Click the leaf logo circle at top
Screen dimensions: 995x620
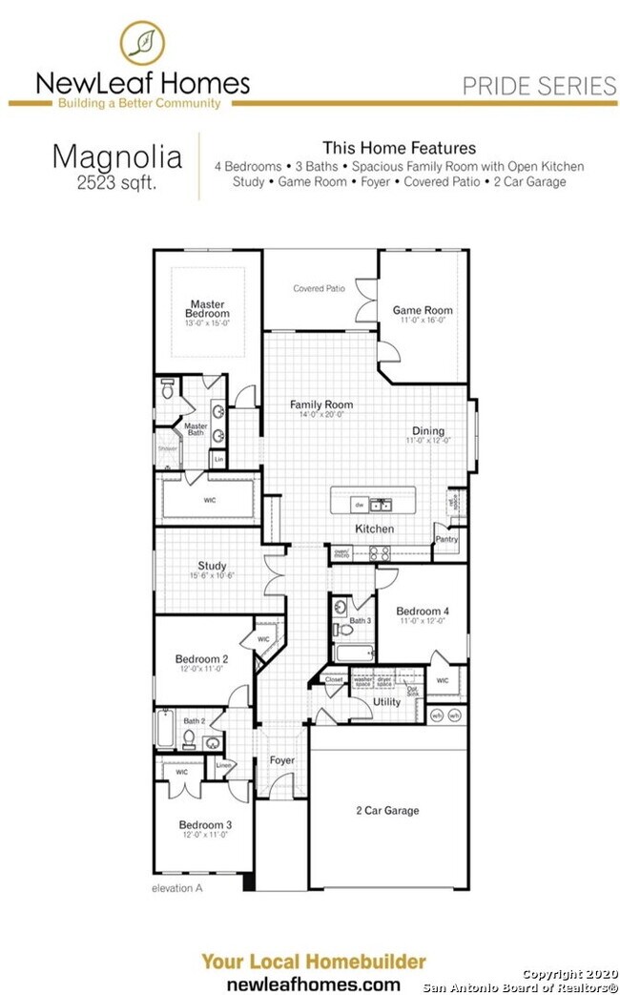[142, 43]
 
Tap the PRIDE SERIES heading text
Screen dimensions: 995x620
[539, 86]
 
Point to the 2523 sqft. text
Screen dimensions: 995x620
[117, 181]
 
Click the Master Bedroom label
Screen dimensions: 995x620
[207, 309]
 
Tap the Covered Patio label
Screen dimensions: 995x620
[319, 288]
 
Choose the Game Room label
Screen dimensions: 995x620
[423, 310]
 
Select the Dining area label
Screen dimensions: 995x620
[428, 430]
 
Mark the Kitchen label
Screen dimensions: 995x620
[374, 529]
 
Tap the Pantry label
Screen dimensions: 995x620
[446, 539]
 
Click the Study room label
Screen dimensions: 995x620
[212, 566]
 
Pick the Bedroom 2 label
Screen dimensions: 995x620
[201, 659]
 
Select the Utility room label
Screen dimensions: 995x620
[386, 701]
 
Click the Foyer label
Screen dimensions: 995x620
[281, 760]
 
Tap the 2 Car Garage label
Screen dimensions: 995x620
[387, 811]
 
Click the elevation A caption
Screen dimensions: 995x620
[177, 887]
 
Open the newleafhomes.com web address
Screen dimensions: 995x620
[313, 983]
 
